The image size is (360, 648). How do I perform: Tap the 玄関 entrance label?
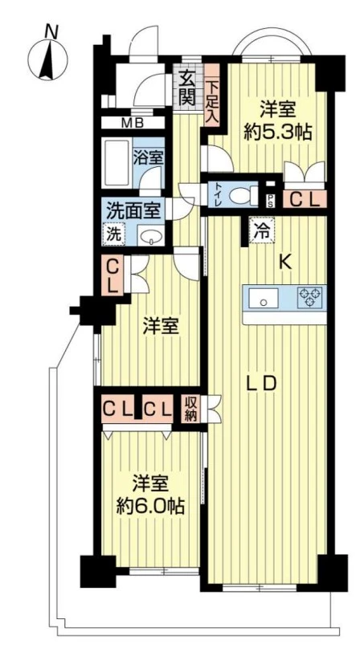187,88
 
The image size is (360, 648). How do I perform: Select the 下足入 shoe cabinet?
212,95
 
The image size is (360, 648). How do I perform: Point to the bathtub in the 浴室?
117,164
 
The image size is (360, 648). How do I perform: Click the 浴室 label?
149,157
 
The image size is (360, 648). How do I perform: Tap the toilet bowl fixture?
243,195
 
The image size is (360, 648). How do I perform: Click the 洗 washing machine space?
113,234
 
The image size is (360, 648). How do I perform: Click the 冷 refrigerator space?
261,230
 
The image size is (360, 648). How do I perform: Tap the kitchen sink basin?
264,298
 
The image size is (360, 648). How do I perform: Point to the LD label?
261,384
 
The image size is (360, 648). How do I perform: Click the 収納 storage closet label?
190,409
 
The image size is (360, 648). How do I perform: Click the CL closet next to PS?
304,200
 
